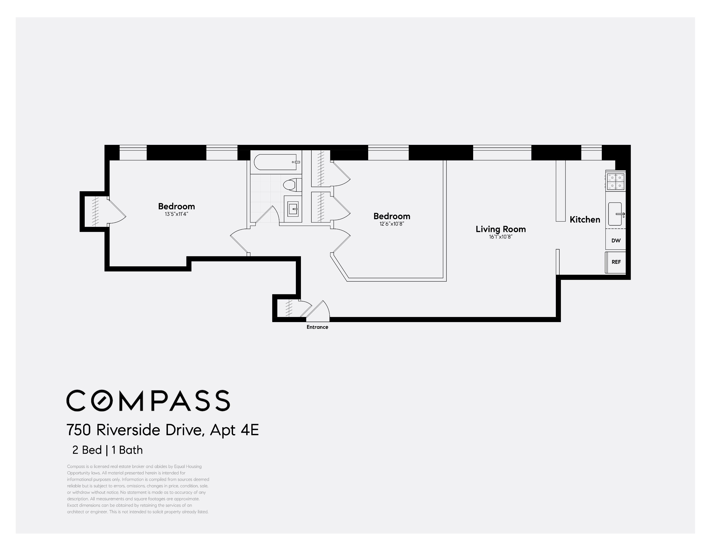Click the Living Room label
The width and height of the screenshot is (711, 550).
point(500,229)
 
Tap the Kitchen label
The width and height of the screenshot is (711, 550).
point(585,219)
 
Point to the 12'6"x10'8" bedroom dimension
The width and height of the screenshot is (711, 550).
point(392,224)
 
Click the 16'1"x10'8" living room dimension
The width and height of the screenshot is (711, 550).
point(500,237)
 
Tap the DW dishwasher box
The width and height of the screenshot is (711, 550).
point(616,240)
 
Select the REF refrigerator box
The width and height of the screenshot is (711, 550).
point(616,262)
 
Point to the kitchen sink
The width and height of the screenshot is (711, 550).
point(615,214)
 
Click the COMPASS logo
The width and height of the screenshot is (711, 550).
point(148,401)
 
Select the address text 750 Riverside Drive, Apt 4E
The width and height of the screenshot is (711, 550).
point(163,430)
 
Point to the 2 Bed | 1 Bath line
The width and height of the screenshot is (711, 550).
point(107,450)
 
